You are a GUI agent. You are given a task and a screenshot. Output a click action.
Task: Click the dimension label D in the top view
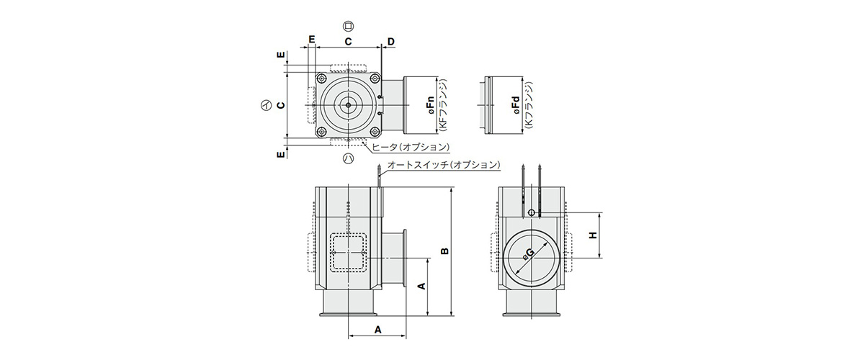click(x=390, y=41)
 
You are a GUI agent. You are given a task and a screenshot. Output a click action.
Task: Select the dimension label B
click(x=444, y=251)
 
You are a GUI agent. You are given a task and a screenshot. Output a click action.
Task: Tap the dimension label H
click(x=592, y=235)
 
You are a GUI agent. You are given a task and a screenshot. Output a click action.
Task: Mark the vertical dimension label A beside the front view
click(x=422, y=286)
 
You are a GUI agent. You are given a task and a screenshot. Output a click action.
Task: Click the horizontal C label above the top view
click(x=348, y=41)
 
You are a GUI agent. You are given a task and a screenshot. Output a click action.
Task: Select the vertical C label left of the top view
click(x=281, y=104)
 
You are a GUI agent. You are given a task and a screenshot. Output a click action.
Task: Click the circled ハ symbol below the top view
click(x=348, y=157)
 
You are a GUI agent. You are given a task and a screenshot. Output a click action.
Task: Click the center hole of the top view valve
click(x=348, y=104)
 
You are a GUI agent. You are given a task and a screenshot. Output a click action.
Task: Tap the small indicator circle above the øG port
click(x=532, y=212)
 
